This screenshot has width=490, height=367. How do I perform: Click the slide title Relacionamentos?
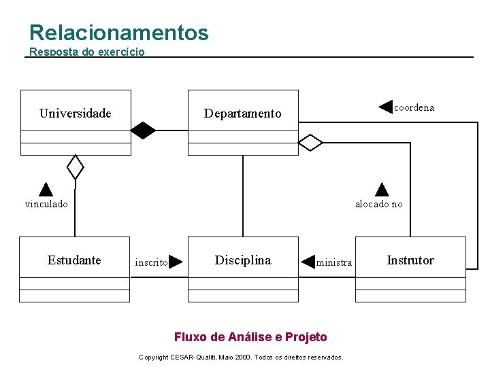(119, 33)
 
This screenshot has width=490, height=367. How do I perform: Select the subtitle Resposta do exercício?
(87, 52)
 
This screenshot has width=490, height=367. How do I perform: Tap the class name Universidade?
(75, 113)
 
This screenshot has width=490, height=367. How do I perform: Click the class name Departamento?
(242, 113)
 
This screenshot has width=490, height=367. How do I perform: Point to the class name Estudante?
(74, 260)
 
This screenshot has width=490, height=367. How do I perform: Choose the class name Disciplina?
(242, 260)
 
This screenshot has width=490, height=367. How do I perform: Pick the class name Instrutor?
(410, 260)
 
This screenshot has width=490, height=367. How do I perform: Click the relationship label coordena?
(414, 107)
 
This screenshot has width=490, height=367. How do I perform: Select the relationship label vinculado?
(46, 204)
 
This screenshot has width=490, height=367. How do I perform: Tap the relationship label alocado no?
(378, 204)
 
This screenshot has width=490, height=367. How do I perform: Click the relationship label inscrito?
(151, 262)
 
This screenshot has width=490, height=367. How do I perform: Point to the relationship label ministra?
(334, 262)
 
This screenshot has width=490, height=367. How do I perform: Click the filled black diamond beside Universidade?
(143, 129)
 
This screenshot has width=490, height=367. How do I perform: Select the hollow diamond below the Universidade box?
(75, 167)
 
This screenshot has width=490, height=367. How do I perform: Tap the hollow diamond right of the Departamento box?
(310, 143)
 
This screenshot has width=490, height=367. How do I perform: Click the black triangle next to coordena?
(386, 107)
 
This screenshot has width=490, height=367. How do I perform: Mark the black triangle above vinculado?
(46, 189)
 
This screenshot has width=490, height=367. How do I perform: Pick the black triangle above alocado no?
(382, 189)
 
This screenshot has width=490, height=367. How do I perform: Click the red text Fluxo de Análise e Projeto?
(250, 337)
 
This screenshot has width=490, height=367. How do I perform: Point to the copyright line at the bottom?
(241, 357)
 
